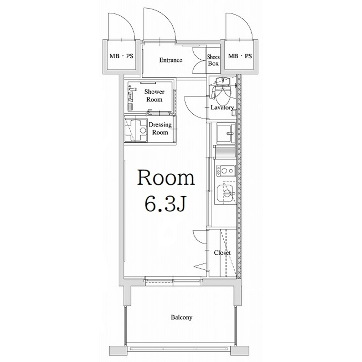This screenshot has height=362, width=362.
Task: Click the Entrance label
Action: [171, 60]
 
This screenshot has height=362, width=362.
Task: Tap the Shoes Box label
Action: [213, 60]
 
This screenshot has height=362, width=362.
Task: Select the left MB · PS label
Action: [121, 56]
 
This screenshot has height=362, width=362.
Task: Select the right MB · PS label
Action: [240, 56]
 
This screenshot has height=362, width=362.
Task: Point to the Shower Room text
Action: [154, 96]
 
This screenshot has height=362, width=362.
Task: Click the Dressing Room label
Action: [160, 129]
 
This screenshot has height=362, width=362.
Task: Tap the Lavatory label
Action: [222, 108]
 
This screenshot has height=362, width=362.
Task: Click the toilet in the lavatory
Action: [222, 91]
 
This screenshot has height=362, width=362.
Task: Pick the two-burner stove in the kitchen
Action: [226, 171]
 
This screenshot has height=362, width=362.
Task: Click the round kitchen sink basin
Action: [227, 193]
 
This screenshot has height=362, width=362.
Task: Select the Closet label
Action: [222, 253]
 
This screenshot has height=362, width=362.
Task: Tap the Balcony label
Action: [181, 317]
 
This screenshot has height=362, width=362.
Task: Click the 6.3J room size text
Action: [165, 204]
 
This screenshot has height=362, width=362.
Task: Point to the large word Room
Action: [166, 178]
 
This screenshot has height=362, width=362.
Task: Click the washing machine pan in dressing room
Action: [136, 130]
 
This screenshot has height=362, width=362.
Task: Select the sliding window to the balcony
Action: [173, 281]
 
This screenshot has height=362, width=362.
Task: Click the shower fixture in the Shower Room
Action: [131, 93]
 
